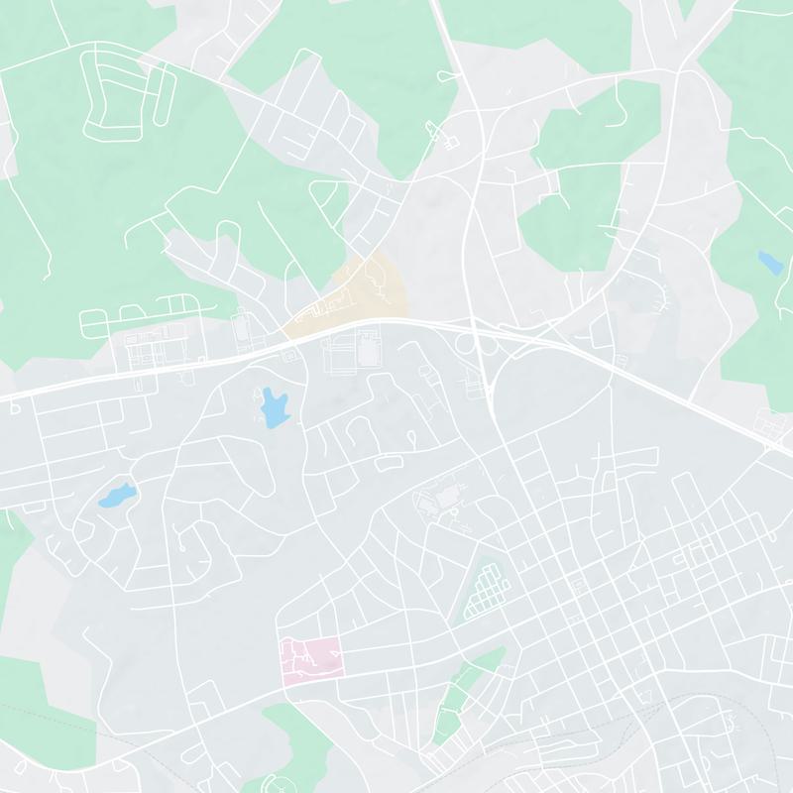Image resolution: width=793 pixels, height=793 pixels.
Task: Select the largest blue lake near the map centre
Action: click(274, 406)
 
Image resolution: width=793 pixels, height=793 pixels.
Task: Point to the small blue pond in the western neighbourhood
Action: click(116, 494)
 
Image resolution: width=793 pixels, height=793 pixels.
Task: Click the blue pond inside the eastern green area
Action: click(768, 263)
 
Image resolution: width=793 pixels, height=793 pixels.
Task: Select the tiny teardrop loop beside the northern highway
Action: click(447, 74)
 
